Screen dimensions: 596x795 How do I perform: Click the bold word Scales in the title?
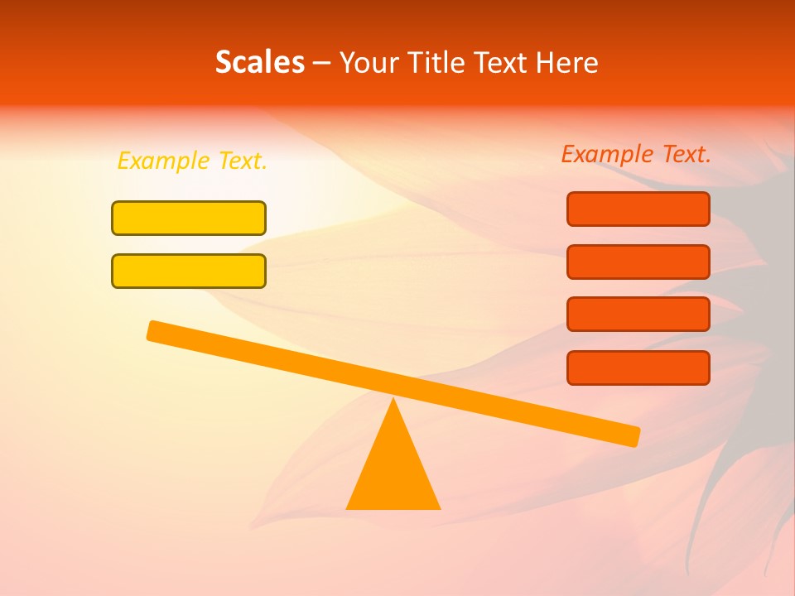point(259,62)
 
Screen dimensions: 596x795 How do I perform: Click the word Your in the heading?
point(370,62)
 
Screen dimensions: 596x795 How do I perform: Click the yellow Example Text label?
point(192,161)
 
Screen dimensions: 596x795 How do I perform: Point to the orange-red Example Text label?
point(636,154)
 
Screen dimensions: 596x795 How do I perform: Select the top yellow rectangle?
point(189,218)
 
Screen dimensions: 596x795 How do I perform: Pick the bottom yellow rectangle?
point(189,271)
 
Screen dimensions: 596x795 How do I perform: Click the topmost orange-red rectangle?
point(638,209)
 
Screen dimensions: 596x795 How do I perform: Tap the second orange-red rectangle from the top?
point(638,262)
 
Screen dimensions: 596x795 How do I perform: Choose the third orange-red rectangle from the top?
point(638,314)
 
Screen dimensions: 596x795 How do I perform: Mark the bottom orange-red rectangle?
point(638,368)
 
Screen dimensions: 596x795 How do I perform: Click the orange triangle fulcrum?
point(393,468)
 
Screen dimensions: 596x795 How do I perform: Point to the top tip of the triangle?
point(393,400)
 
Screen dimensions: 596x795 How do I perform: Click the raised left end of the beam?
point(154,330)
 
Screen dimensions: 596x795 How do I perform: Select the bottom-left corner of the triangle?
point(348,507)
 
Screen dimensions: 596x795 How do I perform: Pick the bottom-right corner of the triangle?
point(439,507)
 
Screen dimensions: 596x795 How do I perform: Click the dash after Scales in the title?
point(322,63)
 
